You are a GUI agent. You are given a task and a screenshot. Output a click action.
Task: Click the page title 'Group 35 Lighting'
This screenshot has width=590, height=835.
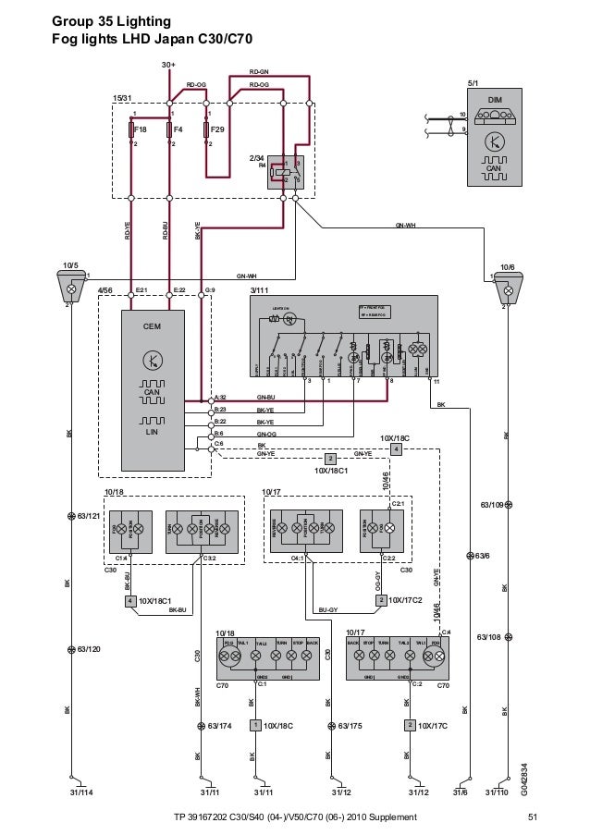coord(111,19)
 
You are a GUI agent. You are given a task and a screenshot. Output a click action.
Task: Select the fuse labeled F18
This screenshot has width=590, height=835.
coord(132,129)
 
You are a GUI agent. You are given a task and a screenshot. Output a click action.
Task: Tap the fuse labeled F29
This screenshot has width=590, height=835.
coord(205,129)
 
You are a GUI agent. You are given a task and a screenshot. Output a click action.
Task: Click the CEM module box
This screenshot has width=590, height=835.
coord(152,388)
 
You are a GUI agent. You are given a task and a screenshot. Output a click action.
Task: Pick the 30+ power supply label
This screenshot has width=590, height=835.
coord(168,66)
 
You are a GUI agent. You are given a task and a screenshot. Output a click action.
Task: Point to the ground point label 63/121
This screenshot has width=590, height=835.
coord(88,515)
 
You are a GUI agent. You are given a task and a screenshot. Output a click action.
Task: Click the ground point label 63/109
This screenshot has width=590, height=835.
coord(490,505)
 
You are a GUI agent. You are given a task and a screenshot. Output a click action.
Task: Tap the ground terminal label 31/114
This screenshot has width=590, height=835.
coord(81,792)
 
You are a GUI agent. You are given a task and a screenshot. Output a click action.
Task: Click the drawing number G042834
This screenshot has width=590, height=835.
coord(523,778)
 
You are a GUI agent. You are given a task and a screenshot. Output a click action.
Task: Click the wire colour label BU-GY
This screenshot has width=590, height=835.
coord(328,609)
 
